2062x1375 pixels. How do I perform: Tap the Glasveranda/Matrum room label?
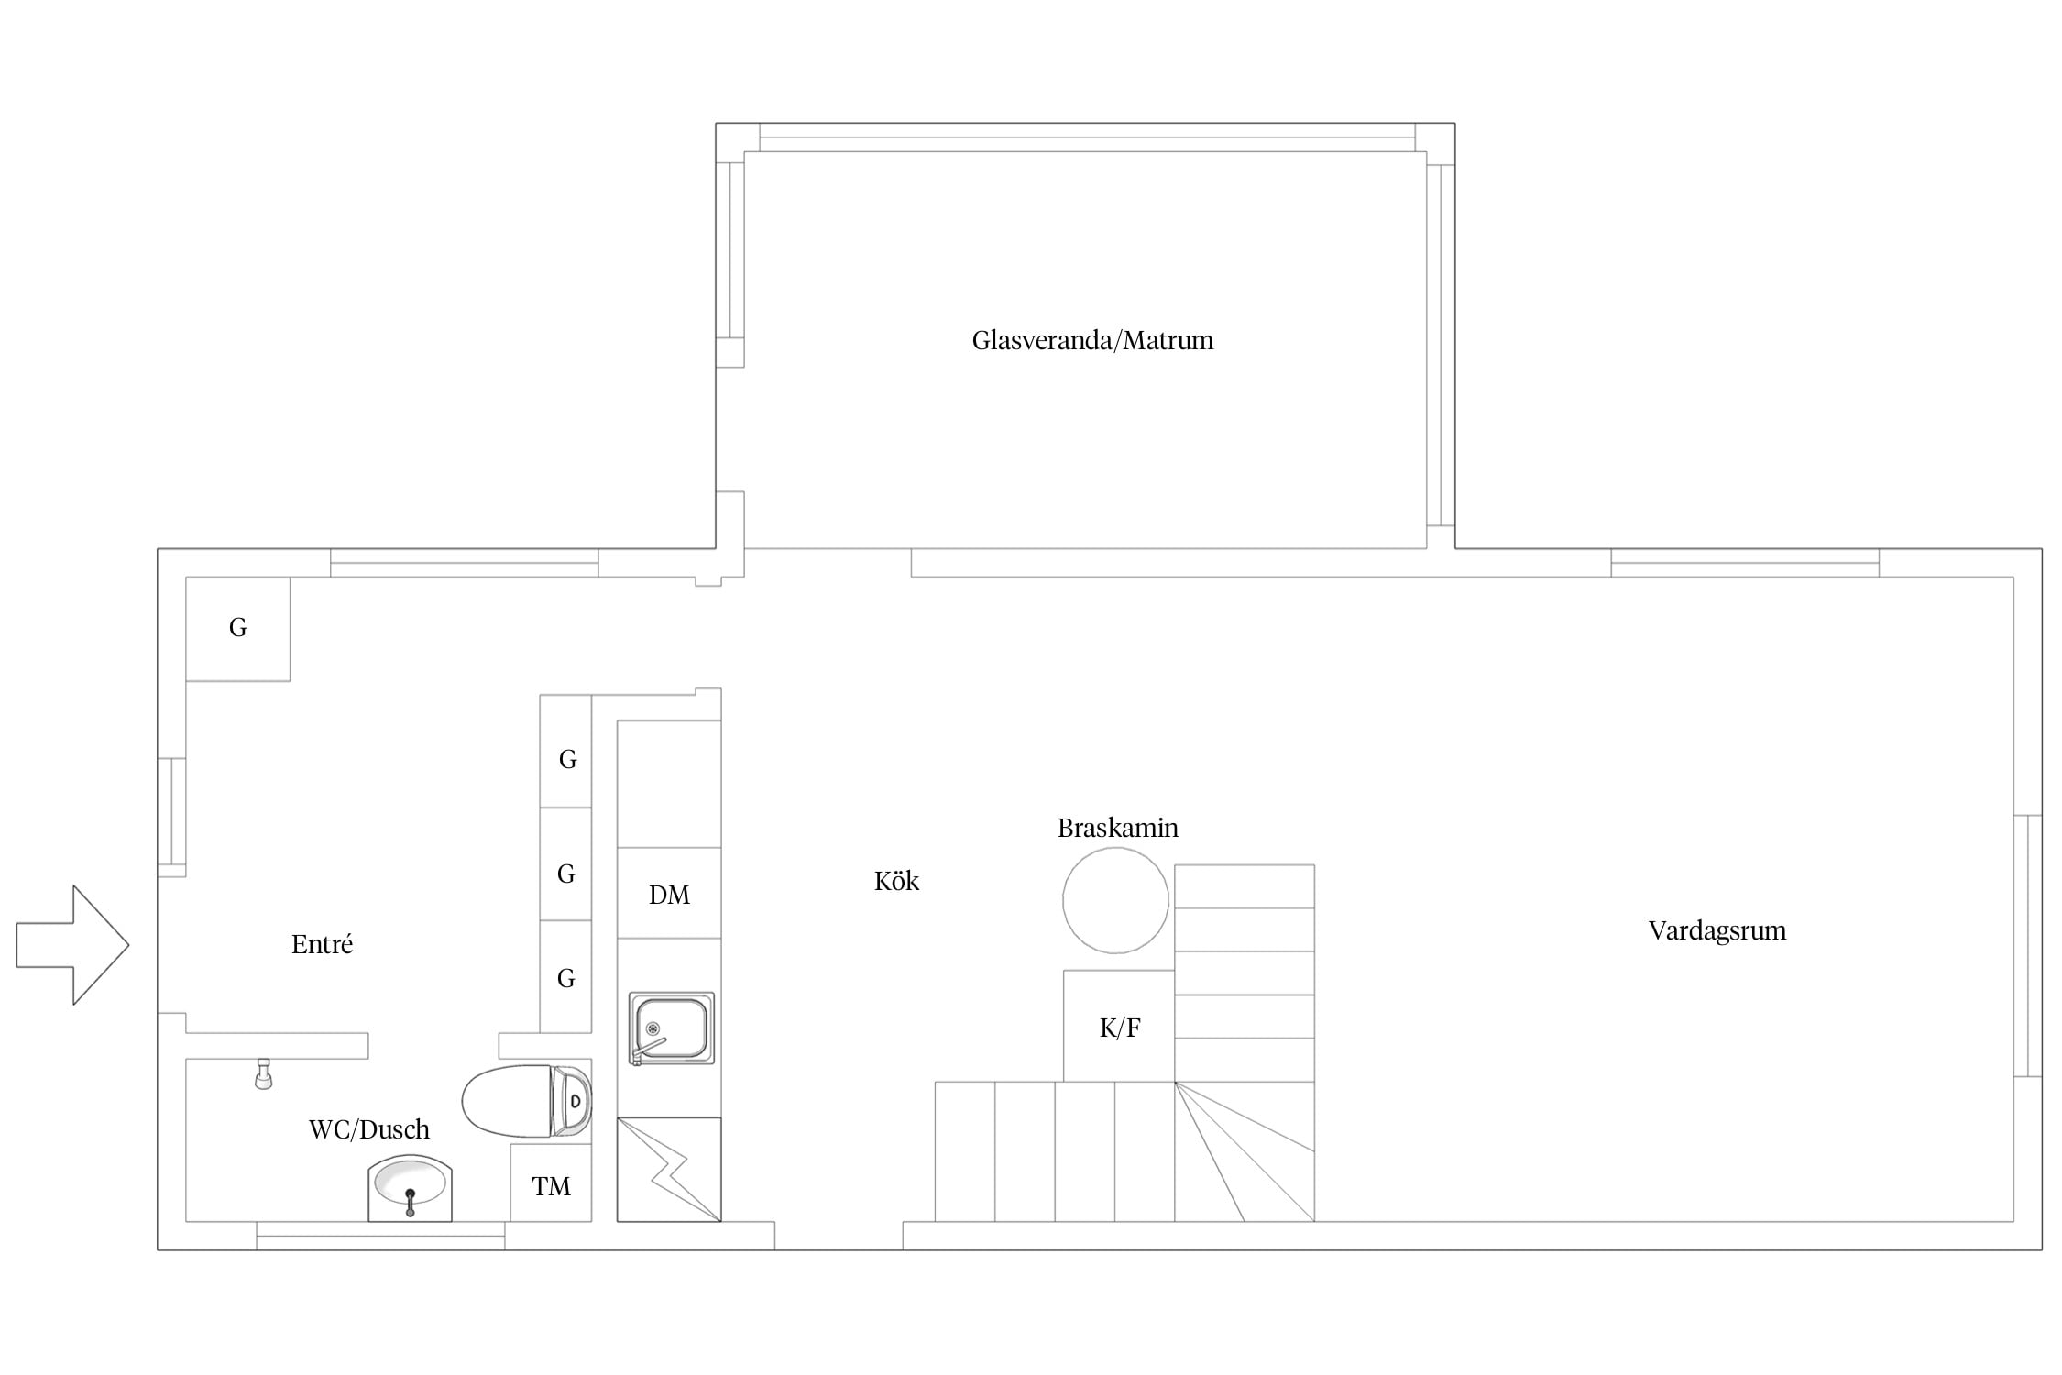point(1092,341)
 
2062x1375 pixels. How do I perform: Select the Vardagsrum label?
point(1717,931)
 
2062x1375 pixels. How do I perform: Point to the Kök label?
point(896,881)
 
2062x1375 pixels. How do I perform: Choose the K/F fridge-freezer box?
point(1119,1026)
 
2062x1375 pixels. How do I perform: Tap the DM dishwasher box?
point(669,894)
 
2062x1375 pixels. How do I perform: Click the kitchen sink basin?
point(671,1028)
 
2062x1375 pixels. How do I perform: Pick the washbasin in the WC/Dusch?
point(411,1189)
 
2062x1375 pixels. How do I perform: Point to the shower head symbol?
point(264,1073)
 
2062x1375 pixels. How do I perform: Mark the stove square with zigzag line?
point(669,1170)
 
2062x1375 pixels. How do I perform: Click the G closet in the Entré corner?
point(238,629)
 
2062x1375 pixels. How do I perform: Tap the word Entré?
point(322,944)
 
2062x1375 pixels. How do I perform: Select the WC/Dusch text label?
point(369,1129)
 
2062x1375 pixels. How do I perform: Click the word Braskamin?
point(1118,828)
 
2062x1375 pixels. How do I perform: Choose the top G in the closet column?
point(567,759)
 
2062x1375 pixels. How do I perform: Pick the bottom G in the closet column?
point(566,978)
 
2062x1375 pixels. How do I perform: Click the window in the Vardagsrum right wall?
point(2028,945)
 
